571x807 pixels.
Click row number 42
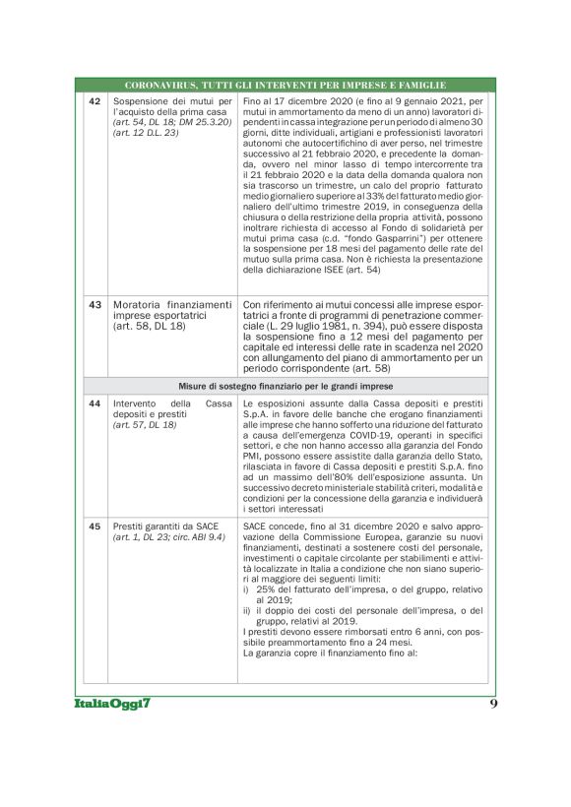[x=95, y=101]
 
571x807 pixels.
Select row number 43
[x=95, y=304]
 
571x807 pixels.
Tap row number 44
[x=95, y=403]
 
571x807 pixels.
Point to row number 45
[x=95, y=527]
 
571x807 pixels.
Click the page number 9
[x=493, y=705]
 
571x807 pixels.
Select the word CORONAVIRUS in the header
[x=160, y=86]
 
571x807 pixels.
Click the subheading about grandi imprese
[x=285, y=385]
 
